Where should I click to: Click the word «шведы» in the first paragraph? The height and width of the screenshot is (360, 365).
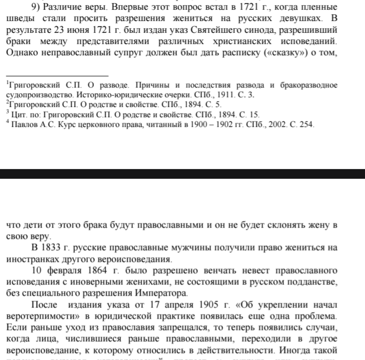(x=18, y=19)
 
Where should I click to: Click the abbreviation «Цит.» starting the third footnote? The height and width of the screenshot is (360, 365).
(x=17, y=115)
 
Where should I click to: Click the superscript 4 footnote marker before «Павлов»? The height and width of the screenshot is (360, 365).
(x=7, y=122)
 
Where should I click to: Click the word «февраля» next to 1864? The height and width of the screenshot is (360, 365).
(x=63, y=271)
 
